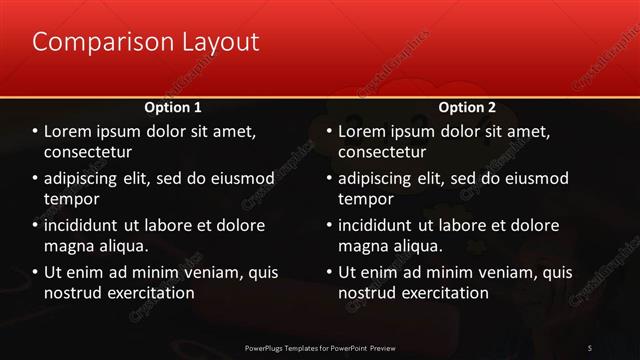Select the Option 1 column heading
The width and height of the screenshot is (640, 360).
[x=173, y=106]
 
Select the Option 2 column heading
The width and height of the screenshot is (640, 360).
[x=467, y=106]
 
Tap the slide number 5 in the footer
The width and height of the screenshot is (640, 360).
[x=590, y=347]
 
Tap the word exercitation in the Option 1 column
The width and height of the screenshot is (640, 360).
[x=147, y=293]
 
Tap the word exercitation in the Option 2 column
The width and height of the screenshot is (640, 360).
[x=441, y=293]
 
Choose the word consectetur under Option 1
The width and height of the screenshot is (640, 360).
[x=88, y=152]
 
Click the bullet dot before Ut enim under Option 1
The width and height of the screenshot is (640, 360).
[x=35, y=272]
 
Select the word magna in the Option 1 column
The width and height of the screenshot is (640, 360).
[x=68, y=246]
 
